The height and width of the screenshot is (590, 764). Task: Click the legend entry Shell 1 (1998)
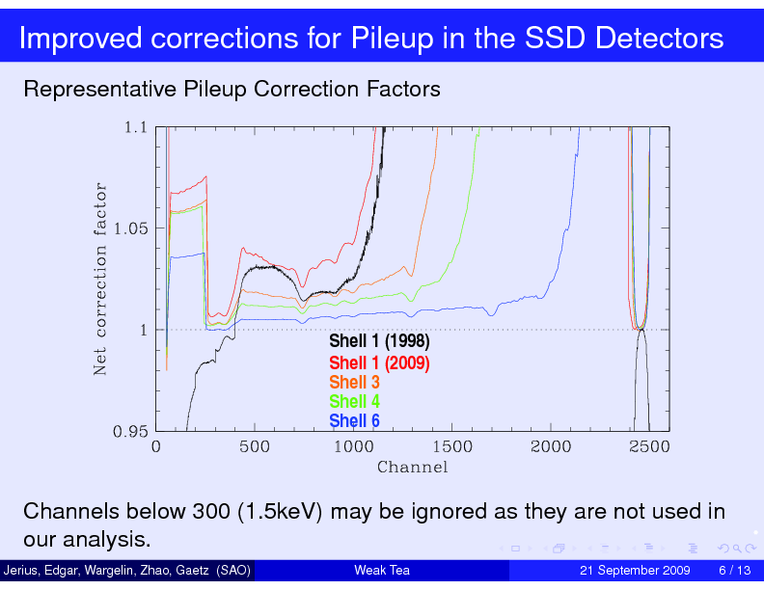379,342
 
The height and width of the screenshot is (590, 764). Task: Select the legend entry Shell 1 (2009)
379,363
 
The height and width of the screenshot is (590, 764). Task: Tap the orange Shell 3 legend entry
354,383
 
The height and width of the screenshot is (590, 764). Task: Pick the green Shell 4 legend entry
354,402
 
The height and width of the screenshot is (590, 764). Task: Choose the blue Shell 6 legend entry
354,421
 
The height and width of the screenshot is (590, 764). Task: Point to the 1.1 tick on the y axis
135,126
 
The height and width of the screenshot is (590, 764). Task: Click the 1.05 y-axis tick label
130,228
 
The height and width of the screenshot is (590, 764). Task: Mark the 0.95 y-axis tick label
130,432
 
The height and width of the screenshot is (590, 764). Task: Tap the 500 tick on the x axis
255,446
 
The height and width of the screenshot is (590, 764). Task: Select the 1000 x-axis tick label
353,446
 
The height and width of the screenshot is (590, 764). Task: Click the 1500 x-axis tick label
452,446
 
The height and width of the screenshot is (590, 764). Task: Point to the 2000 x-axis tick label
551,446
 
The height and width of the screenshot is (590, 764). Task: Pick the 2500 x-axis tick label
649,446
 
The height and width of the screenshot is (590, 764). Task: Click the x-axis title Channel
412,468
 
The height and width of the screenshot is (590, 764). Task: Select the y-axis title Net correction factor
99,280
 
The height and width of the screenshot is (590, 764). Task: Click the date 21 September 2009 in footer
634,571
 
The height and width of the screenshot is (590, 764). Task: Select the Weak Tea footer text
382,571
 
